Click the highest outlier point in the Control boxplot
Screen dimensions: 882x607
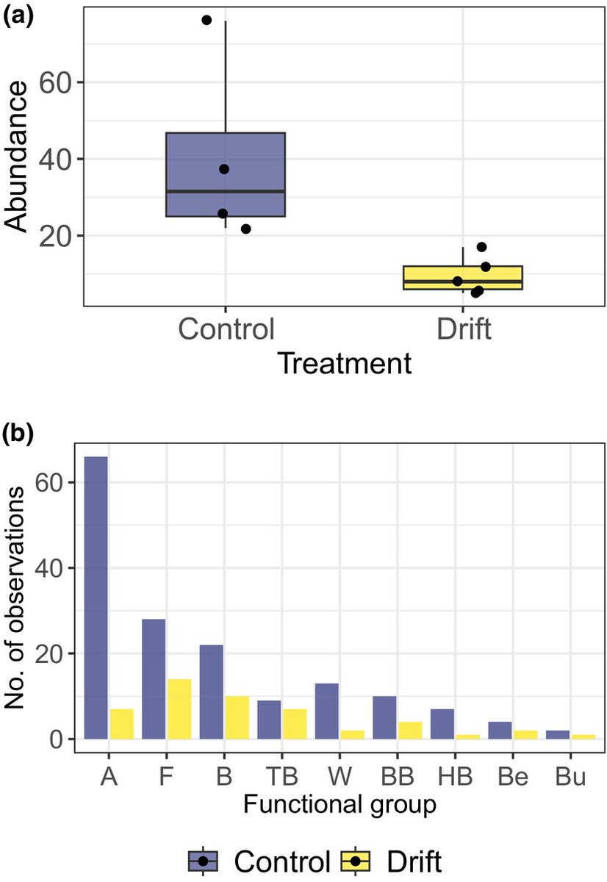206,20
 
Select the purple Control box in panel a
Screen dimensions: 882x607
225,175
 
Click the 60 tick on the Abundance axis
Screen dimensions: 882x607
49,82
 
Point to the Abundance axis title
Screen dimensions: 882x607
18,157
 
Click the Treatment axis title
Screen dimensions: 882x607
344,364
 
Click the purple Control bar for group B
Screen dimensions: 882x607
211,692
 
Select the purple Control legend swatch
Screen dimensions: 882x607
203,860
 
